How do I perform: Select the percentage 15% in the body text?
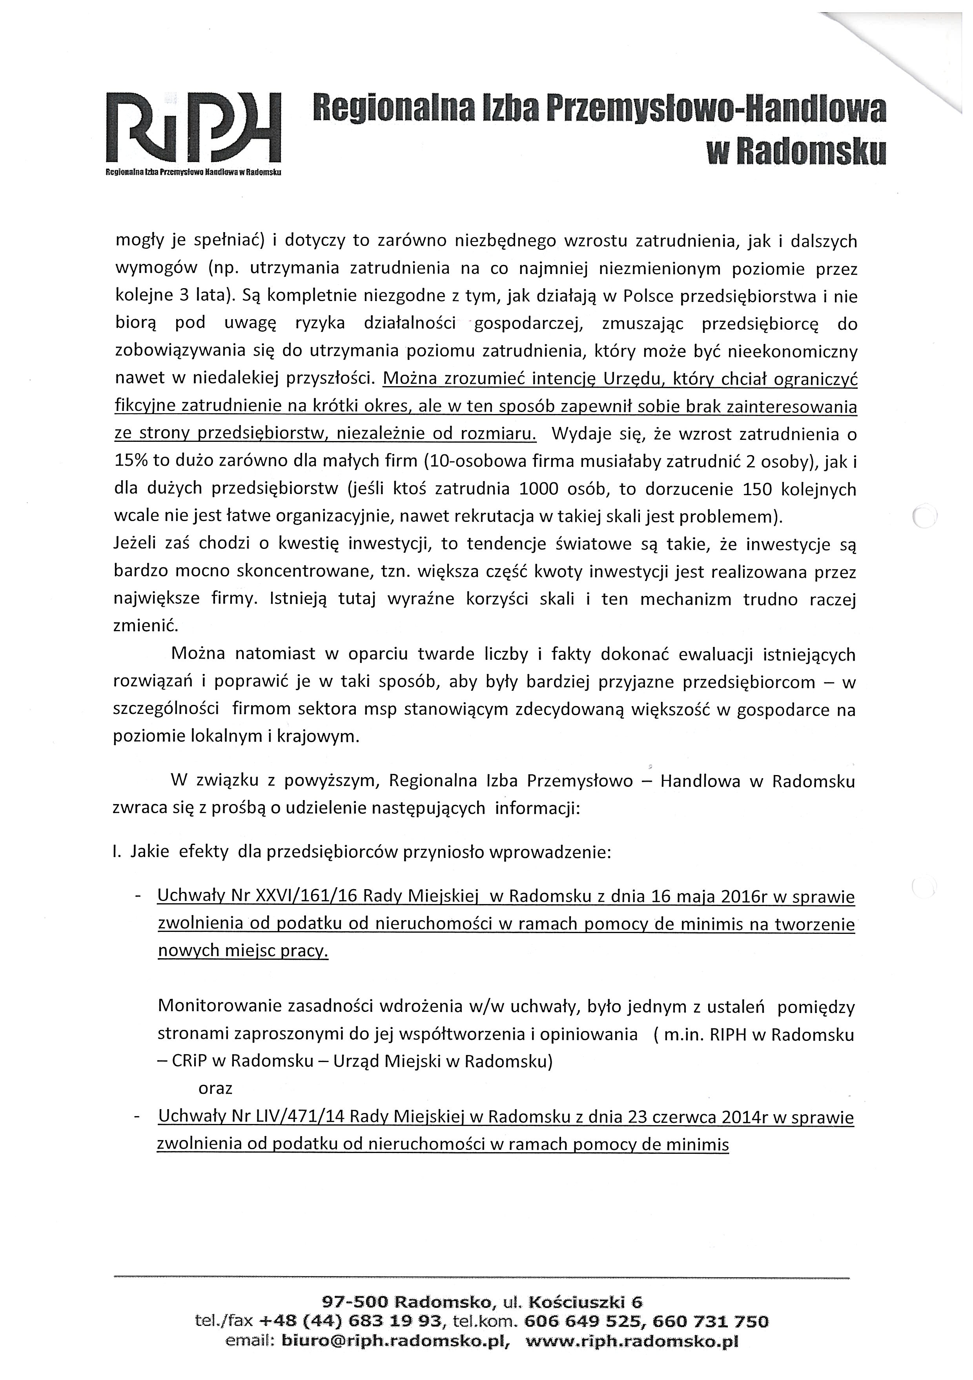click(130, 461)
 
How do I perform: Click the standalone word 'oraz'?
click(215, 1088)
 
